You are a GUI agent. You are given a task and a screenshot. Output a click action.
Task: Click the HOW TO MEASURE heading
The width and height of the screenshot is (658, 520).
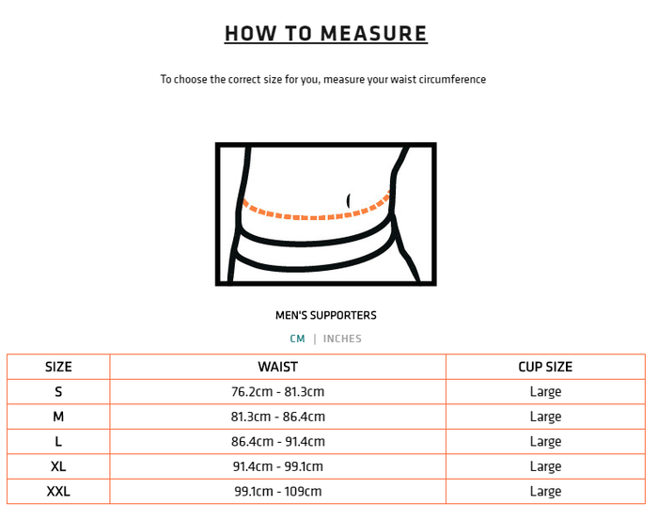point(325,34)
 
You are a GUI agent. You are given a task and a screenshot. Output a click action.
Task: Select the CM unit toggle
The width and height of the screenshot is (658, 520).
point(297,339)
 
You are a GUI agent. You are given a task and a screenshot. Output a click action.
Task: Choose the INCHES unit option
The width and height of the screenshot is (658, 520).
point(342,339)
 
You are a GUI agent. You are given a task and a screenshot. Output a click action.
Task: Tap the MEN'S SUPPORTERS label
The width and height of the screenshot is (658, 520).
point(325,315)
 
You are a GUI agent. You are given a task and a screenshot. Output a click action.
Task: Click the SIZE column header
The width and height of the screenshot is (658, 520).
point(58,367)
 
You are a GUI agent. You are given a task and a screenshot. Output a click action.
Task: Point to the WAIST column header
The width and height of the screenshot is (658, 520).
point(277,367)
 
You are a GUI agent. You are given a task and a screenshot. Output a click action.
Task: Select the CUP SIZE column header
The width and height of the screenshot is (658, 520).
point(545,367)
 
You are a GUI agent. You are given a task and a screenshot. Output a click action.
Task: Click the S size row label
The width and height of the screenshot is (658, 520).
point(58,392)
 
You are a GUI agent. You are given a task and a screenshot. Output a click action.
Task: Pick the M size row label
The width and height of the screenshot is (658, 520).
point(58,417)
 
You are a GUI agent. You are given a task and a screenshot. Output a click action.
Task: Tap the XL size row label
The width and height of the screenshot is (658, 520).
point(58,466)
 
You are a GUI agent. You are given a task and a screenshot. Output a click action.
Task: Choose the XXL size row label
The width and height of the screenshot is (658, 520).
point(58,491)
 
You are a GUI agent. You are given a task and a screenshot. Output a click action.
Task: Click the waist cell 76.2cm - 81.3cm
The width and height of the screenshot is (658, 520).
point(277,392)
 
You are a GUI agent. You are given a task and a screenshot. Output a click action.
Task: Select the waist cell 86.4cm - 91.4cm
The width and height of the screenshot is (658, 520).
point(277,442)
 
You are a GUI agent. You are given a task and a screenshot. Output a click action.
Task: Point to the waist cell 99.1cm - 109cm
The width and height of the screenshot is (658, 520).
point(277,491)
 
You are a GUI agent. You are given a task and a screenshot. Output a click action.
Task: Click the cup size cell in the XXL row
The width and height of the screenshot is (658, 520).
point(545,491)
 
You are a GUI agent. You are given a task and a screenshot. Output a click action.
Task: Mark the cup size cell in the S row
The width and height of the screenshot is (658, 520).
point(545,392)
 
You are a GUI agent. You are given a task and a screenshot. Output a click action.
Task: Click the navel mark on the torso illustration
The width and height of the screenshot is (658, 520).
point(349,200)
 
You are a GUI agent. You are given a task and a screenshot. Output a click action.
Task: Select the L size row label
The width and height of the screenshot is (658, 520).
point(58,442)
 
